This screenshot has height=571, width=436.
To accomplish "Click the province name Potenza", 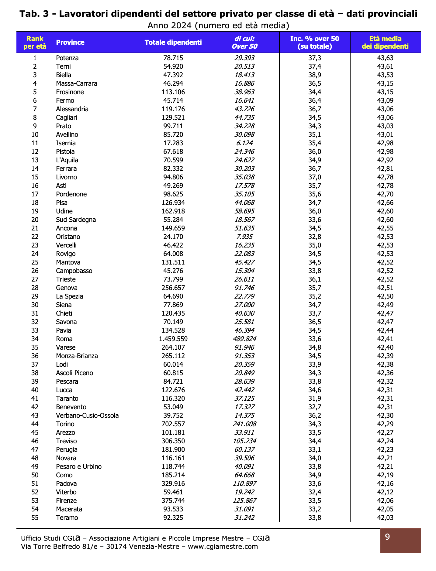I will (x=67, y=58).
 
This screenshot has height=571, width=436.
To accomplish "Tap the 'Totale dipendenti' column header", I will (x=173, y=43).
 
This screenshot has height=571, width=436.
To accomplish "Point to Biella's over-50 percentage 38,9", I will (x=315, y=75).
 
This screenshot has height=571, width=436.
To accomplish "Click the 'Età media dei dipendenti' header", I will (x=385, y=43).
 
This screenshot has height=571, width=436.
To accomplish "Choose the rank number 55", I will (x=35, y=518).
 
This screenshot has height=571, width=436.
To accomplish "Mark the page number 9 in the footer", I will (x=387, y=537).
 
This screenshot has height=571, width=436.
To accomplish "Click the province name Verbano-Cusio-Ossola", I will (x=87, y=416).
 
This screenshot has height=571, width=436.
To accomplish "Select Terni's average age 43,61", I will (x=385, y=67).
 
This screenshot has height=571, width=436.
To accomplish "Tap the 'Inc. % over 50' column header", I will (x=315, y=43).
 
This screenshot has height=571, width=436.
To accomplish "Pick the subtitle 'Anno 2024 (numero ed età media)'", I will (x=218, y=25).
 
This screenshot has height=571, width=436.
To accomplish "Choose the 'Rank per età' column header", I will (x=35, y=43).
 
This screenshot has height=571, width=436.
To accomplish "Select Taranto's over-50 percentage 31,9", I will (x=315, y=399).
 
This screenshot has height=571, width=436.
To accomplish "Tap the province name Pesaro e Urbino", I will (x=79, y=467).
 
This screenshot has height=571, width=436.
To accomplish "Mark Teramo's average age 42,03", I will (x=385, y=518).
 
